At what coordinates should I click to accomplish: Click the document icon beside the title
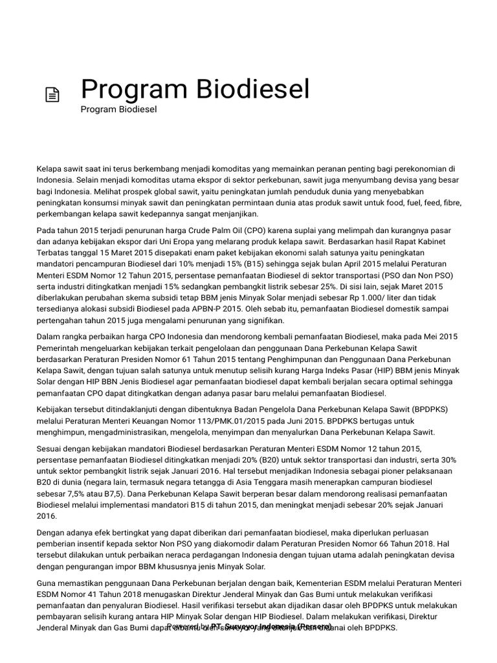click(x=52, y=95)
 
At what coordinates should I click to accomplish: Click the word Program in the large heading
click(x=128, y=89)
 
